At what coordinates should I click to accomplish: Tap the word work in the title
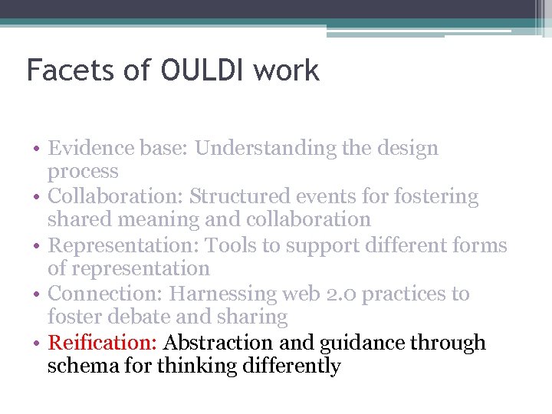click(x=286, y=71)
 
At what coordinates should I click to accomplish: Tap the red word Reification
click(x=103, y=343)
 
